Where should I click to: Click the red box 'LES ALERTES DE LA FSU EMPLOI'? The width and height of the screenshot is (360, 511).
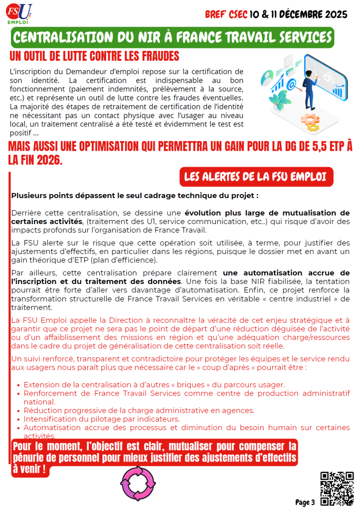click(x=255, y=177)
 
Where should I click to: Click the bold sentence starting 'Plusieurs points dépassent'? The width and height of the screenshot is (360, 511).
click(x=135, y=196)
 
